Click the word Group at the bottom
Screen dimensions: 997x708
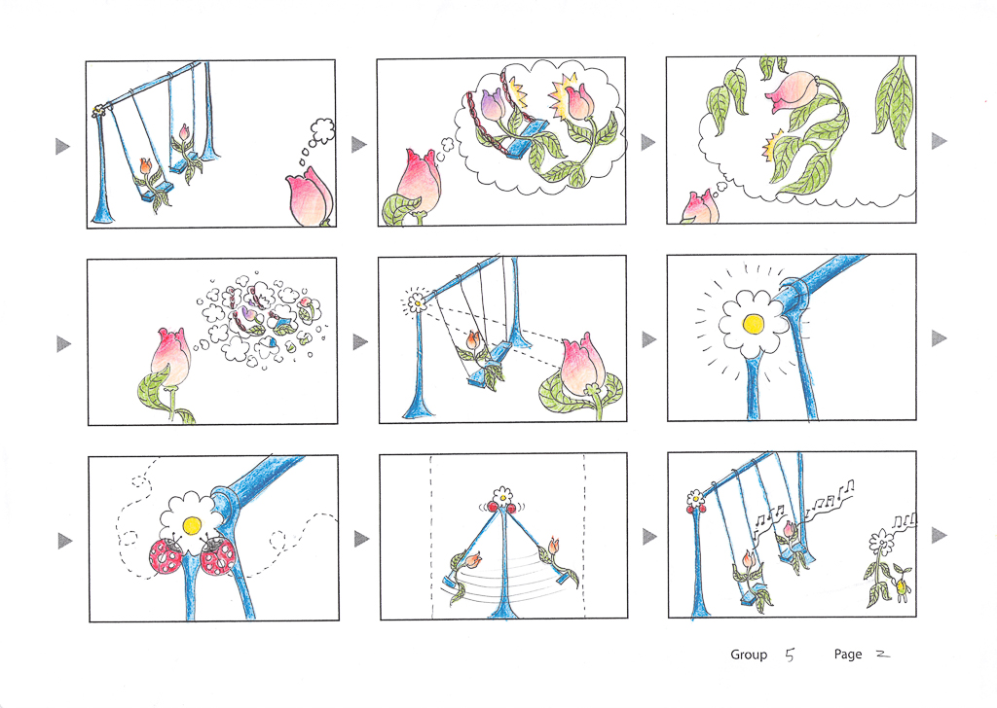(x=749, y=655)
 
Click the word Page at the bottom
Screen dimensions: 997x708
(x=848, y=655)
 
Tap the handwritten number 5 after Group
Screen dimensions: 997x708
(x=790, y=655)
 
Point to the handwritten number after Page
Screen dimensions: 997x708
(x=882, y=654)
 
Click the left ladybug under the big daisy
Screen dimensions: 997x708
(x=166, y=556)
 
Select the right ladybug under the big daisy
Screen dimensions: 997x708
(x=217, y=556)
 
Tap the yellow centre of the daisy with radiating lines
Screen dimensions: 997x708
(x=753, y=324)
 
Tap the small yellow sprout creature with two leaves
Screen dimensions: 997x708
(x=902, y=585)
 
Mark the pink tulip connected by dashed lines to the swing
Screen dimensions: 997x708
(x=583, y=369)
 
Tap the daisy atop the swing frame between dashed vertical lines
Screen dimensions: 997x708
(x=503, y=493)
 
